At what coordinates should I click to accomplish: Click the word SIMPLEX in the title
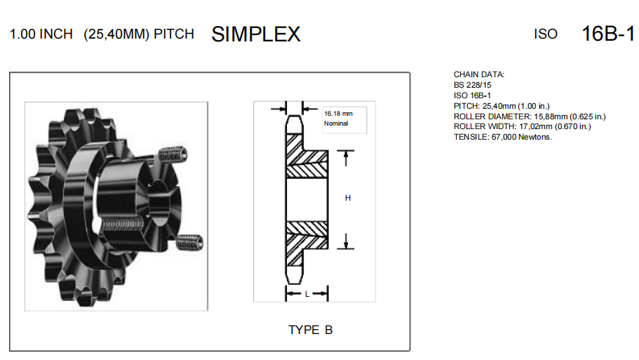pos(255,34)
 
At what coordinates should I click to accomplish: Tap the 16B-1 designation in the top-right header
pos(608,34)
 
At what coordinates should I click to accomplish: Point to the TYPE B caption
pos(310,330)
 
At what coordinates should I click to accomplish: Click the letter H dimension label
pos(347,199)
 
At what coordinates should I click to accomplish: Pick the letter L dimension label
pos(307,294)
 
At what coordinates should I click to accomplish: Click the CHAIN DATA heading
pos(479,74)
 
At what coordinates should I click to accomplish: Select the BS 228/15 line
pos(473,85)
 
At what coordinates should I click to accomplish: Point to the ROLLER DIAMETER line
pos(530,116)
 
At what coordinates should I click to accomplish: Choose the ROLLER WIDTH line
pos(522,126)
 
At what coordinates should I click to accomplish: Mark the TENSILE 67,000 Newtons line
pos(503,137)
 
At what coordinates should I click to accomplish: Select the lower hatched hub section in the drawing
pos(307,233)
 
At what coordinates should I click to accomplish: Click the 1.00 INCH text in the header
pos(41,34)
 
